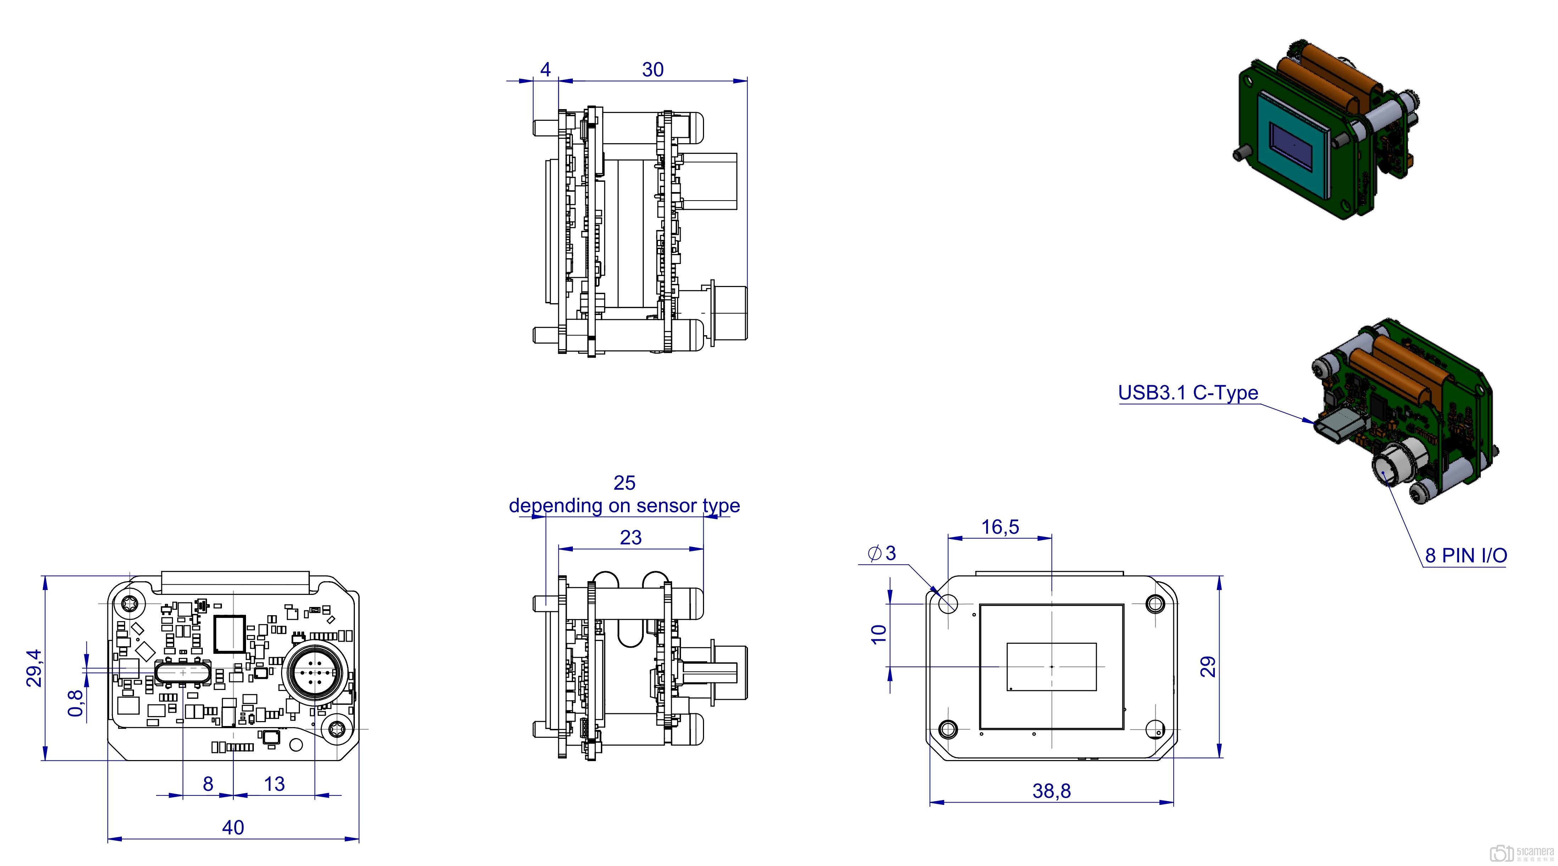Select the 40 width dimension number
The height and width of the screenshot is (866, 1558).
(x=233, y=827)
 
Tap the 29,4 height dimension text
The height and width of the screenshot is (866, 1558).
(x=34, y=668)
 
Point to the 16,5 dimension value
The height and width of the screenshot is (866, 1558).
(x=1000, y=527)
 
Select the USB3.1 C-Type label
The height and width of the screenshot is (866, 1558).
(x=1188, y=393)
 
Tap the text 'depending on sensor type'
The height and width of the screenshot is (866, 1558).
(x=624, y=506)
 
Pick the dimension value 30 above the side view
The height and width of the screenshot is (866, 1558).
(x=653, y=69)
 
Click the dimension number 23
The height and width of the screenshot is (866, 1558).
(x=630, y=538)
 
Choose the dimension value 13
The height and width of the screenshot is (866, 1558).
(x=274, y=784)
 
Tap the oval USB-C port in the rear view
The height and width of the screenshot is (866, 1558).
(x=183, y=673)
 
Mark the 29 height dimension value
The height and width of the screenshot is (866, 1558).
(x=1207, y=667)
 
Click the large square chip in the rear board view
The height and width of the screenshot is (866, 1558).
(x=230, y=634)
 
